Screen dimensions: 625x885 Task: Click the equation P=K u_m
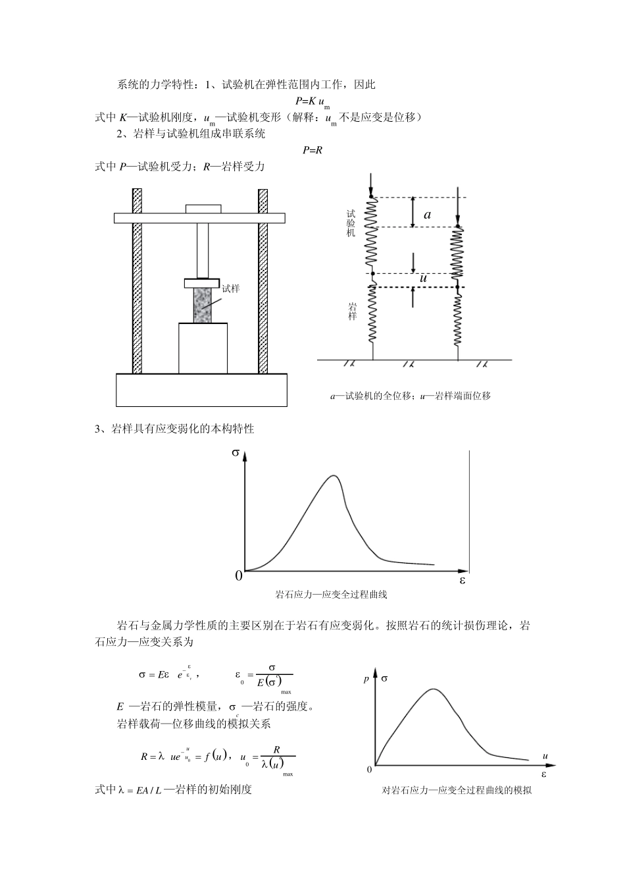[x=312, y=101]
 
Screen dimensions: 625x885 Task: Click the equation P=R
[x=312, y=150]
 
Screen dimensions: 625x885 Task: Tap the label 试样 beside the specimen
[x=230, y=288]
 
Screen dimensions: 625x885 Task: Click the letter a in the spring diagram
[x=427, y=214]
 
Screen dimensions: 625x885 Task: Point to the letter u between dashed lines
[x=423, y=279]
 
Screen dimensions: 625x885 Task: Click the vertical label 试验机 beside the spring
[x=351, y=223]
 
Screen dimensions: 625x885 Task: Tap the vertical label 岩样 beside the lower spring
[x=352, y=311]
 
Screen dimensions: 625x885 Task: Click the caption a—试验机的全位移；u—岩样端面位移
[x=411, y=396]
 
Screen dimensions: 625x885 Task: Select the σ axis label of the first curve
[x=236, y=453]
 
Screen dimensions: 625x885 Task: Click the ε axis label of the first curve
[x=462, y=581]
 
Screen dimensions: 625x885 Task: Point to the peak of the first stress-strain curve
[x=334, y=475]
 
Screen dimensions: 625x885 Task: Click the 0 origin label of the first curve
[x=238, y=577]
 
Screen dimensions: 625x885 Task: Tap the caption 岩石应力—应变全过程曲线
[x=331, y=595]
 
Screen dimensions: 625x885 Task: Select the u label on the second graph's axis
[x=545, y=755]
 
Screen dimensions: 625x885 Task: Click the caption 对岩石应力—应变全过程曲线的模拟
[x=457, y=790]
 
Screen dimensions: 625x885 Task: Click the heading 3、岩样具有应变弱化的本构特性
[x=175, y=429]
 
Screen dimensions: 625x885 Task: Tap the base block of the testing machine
[x=201, y=390]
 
